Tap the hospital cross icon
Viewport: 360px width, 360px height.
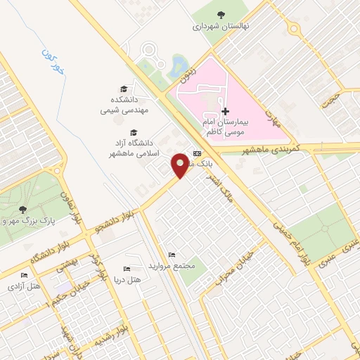[225, 111]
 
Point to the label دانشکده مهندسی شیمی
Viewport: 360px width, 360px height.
[124, 105]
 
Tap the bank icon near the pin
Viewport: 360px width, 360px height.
[196, 153]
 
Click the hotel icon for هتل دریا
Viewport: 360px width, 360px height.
[127, 269]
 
